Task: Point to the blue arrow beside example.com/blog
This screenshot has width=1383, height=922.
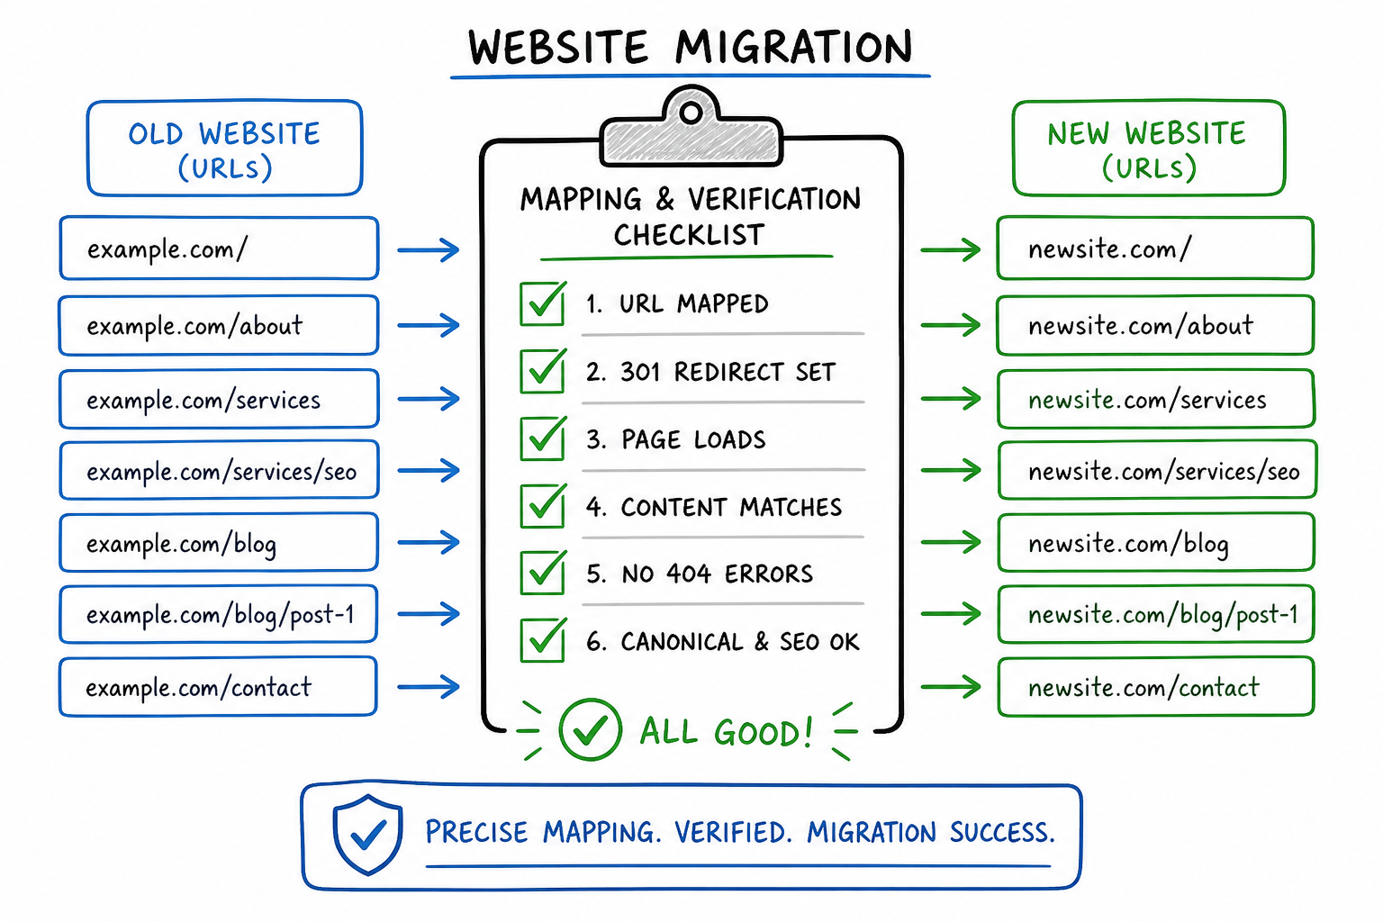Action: pos(429,542)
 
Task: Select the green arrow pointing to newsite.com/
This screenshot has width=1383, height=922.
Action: pos(951,249)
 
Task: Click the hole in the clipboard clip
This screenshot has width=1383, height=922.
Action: pos(691,113)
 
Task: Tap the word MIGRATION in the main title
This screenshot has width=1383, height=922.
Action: pos(793,48)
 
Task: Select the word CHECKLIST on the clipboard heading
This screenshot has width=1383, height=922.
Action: pos(689,235)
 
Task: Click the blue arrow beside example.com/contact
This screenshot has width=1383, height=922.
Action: pos(429,686)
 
